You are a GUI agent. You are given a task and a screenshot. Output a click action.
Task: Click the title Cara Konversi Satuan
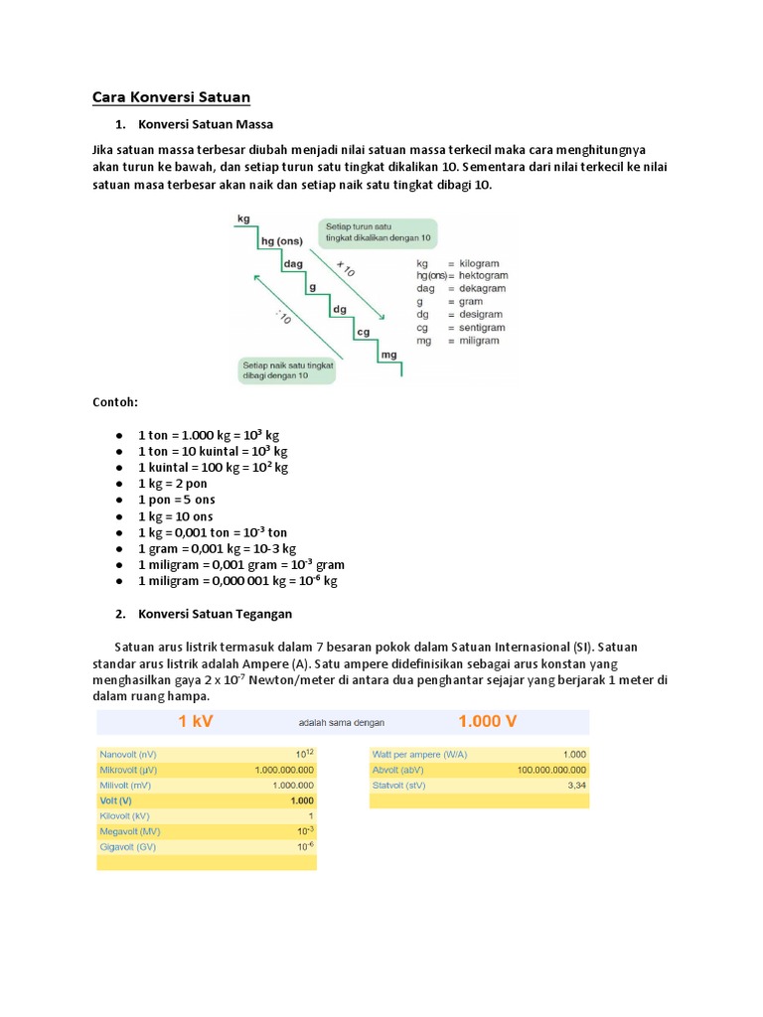[x=171, y=96]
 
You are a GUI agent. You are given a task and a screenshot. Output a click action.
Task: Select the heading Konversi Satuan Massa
[x=206, y=124]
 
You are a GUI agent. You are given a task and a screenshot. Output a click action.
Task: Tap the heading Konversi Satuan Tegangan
[x=216, y=613]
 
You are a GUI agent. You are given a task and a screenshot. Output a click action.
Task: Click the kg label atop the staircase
[x=243, y=218]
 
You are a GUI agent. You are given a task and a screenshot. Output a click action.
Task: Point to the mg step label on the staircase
[x=388, y=354]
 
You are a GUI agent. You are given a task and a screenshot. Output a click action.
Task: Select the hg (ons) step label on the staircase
[x=280, y=240]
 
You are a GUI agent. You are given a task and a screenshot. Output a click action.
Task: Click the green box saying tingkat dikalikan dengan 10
[x=378, y=233]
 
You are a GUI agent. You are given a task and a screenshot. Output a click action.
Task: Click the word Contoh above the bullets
[x=114, y=402]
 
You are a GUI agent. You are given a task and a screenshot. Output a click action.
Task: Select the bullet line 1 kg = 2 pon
[x=174, y=483]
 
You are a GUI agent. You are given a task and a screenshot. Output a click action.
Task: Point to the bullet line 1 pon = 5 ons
[x=177, y=499]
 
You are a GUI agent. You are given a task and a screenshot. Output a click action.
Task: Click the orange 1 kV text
[x=197, y=722]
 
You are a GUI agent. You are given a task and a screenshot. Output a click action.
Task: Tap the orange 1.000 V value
[x=487, y=722]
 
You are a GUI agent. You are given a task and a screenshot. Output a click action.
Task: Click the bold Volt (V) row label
[x=118, y=800]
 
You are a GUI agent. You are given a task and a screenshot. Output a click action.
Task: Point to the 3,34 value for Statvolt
[x=576, y=785]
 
